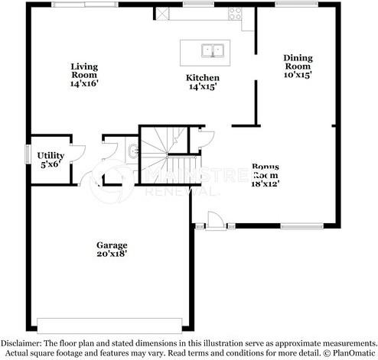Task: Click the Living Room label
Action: coord(85,74)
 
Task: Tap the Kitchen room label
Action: coord(203,83)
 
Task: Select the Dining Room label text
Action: coord(298,66)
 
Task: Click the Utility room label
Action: coord(51,158)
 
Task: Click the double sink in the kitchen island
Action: coord(212,51)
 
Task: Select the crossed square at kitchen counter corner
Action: coord(164,13)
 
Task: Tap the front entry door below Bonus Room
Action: coord(216,221)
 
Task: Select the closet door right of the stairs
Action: coord(204,138)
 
